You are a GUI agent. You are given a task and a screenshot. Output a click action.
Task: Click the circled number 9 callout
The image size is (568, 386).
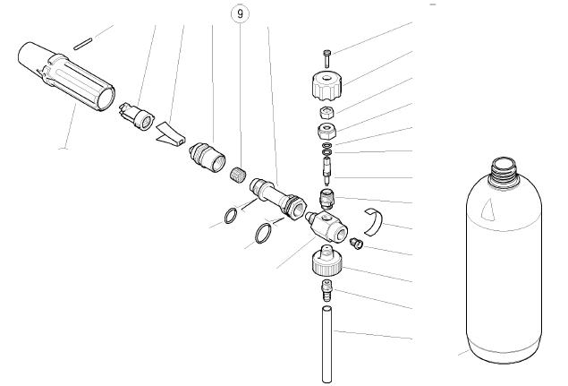(240, 13)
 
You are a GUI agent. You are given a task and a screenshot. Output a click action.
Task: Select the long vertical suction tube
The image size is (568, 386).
(326, 344)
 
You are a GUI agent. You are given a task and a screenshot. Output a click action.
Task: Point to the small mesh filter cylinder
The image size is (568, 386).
(238, 173)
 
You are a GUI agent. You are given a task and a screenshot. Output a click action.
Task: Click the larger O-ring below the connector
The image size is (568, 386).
(263, 234)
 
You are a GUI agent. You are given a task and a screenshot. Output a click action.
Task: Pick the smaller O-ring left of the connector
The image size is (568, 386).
(231, 216)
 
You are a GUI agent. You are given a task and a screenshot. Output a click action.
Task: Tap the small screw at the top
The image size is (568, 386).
(327, 58)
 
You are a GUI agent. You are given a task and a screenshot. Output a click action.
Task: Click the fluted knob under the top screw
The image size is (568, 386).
(327, 86)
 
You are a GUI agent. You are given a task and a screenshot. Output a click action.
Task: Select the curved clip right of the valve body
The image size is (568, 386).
(375, 221)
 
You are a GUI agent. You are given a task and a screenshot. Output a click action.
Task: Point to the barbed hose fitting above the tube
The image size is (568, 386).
(326, 290)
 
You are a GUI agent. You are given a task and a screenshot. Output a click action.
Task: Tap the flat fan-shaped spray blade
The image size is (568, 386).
(171, 133)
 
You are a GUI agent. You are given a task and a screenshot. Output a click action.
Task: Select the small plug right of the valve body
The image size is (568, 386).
(356, 244)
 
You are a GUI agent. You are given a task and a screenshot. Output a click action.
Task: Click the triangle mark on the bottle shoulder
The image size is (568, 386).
(488, 210)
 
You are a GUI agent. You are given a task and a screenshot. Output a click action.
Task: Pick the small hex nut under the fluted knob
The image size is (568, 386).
(326, 112)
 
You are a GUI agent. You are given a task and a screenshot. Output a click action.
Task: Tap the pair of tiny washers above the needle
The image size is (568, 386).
(326, 147)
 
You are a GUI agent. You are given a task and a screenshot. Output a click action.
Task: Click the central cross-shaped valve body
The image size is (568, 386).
(326, 224)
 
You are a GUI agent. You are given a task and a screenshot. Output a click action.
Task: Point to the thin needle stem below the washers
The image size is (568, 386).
(326, 168)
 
